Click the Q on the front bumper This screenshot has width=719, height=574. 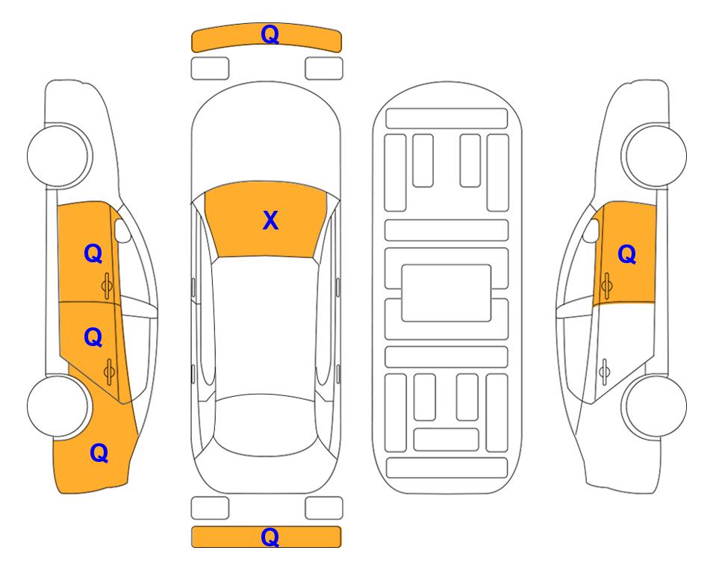pyautogui.click(x=270, y=34)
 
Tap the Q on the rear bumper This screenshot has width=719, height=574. pyautogui.click(x=270, y=537)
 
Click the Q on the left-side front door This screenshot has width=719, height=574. pyautogui.click(x=93, y=253)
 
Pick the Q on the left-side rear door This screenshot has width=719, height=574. pyautogui.click(x=93, y=338)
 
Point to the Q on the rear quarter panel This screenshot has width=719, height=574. pyautogui.click(x=99, y=453)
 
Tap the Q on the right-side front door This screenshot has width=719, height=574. pyautogui.click(x=627, y=254)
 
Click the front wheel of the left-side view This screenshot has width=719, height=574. pyautogui.click(x=57, y=155)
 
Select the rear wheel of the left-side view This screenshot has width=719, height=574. pyautogui.click(x=57, y=406)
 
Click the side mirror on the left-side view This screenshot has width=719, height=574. pyautogui.click(x=122, y=230)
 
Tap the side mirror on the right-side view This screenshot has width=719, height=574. pyautogui.click(x=591, y=230)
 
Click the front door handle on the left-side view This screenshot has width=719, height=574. pyautogui.click(x=107, y=286)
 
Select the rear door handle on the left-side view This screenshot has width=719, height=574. pyautogui.click(x=109, y=371)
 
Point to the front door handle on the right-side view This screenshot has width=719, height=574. pyautogui.click(x=606, y=286)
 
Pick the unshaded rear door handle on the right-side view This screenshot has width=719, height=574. pyautogui.click(x=605, y=371)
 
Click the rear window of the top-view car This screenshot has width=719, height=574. pyautogui.click(x=265, y=425)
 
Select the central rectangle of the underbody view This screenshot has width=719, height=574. pyautogui.click(x=446, y=293)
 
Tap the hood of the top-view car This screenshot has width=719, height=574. pyautogui.click(x=266, y=138)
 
